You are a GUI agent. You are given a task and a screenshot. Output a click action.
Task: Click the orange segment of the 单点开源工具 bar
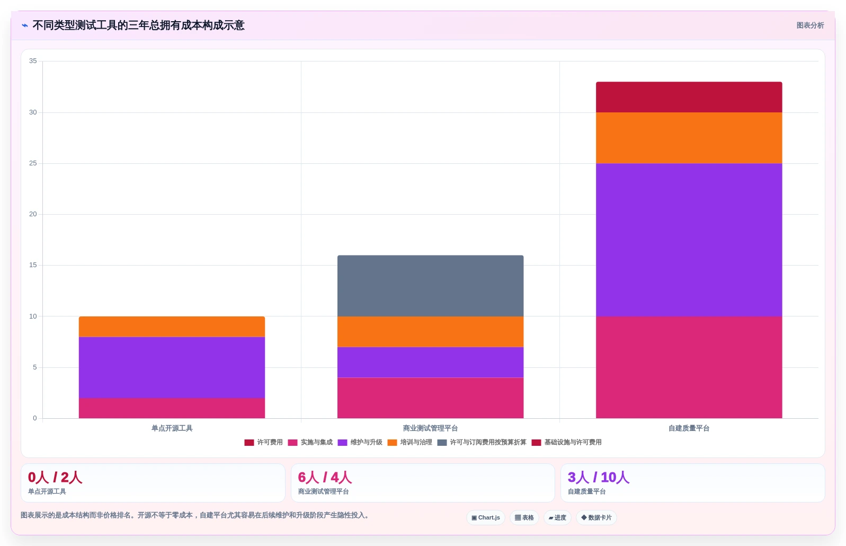172,327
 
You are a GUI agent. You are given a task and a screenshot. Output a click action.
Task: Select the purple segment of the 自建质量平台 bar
689,240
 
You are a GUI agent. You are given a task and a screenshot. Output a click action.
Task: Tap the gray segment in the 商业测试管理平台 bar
431,286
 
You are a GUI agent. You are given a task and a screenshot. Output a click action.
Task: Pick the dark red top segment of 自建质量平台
689,97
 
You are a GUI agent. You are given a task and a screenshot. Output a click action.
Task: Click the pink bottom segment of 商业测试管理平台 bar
431,398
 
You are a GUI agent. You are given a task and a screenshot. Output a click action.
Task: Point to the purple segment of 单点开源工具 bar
172,368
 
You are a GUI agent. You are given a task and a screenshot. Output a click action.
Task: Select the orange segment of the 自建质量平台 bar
689,138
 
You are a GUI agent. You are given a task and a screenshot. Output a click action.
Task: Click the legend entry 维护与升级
360,442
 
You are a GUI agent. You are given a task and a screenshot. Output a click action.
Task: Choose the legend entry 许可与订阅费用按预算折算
482,442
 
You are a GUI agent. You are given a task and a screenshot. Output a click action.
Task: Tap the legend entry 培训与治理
410,442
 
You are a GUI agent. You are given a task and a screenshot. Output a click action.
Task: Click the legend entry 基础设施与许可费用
566,442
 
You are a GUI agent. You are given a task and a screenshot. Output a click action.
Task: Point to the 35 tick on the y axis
33,61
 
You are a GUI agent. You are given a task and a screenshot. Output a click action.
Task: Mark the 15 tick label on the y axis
33,265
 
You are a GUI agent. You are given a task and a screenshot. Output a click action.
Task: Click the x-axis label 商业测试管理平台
431,428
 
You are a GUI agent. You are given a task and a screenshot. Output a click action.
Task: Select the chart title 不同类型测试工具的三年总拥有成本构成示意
139,25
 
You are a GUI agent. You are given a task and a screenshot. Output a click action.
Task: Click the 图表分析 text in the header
810,25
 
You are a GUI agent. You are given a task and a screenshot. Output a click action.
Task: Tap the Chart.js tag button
486,518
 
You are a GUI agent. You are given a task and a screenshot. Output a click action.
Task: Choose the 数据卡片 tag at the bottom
596,518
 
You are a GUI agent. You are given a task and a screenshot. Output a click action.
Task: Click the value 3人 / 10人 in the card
599,477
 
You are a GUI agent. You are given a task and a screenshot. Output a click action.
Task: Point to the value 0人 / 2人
55,477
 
